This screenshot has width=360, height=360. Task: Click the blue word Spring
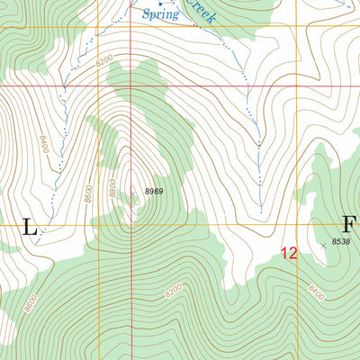pos(159,14)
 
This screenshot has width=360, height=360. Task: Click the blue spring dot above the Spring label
pos(160,4)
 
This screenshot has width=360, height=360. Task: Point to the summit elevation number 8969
pos(156,191)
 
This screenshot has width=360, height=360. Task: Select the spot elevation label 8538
pos(340,241)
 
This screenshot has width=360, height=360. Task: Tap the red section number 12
pos(287,254)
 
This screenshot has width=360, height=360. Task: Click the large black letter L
pos(29,228)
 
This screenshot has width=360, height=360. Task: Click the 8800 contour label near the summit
pos(112,188)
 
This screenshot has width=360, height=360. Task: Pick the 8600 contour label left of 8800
pos(87,193)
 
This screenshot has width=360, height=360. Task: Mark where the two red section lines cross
pos(131,87)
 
